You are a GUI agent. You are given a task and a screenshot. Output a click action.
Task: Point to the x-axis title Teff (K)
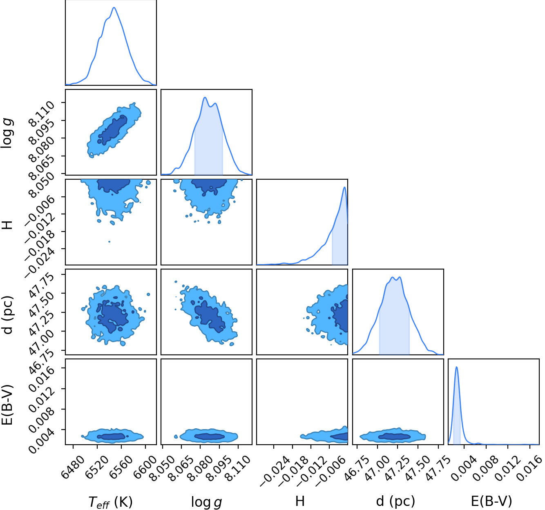111,502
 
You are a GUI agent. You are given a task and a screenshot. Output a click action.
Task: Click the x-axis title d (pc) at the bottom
395,501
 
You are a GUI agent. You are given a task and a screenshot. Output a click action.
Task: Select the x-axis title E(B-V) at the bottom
491,501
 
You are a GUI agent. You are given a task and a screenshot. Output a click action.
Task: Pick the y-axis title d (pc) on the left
8,315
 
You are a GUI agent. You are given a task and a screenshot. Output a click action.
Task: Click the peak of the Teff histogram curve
114,7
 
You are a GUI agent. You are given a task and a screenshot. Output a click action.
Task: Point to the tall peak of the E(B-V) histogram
457,367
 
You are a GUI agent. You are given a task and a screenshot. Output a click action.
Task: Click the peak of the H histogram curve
345,187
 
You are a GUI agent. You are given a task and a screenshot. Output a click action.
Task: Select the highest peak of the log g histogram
205,98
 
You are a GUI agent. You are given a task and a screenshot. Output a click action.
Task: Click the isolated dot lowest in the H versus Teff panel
109,242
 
